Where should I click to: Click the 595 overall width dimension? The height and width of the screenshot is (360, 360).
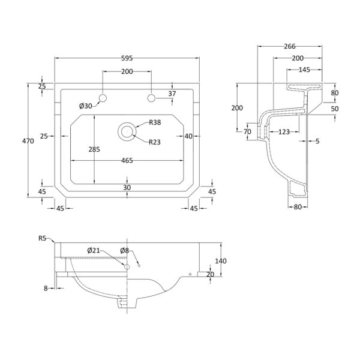point(127,58)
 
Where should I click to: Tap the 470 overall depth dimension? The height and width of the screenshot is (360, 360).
point(28,141)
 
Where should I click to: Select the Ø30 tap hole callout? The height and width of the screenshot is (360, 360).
point(86,106)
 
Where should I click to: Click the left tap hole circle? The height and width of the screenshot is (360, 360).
point(103,98)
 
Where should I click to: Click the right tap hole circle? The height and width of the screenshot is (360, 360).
point(151,98)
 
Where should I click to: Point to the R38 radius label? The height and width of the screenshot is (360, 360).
point(155,122)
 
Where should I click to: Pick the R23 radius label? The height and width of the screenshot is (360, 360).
point(155,142)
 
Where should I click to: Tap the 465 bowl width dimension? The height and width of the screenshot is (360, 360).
point(127,160)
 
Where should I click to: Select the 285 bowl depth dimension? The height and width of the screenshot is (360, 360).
point(94,149)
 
